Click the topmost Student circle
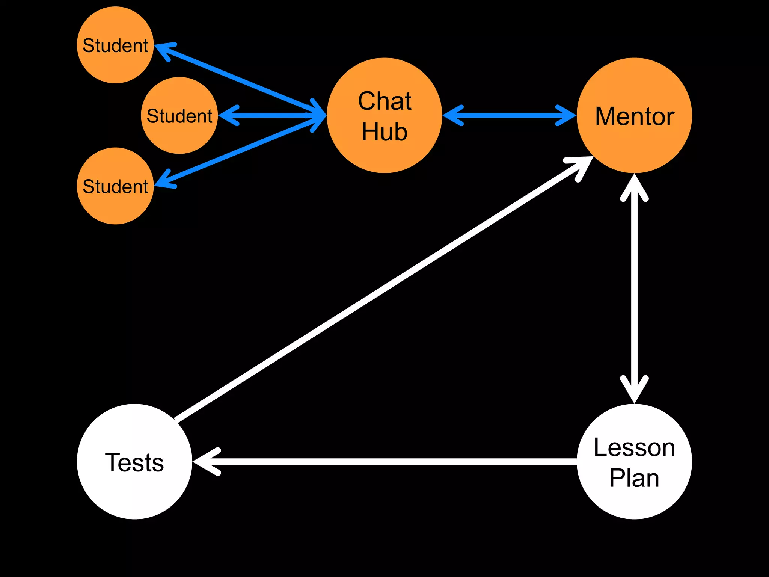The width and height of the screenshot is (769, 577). click(x=115, y=45)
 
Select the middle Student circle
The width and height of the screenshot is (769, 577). click(x=179, y=116)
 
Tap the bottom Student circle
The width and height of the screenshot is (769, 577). click(x=115, y=186)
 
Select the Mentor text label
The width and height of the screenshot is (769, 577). click(x=635, y=116)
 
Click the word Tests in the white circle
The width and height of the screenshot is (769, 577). click(x=134, y=462)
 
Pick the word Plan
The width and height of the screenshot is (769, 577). click(x=634, y=478)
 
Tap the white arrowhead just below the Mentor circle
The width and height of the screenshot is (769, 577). click(x=634, y=188)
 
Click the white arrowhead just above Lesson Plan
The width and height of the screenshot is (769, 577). click(x=634, y=391)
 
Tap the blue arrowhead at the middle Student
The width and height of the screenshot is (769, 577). click(x=229, y=115)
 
